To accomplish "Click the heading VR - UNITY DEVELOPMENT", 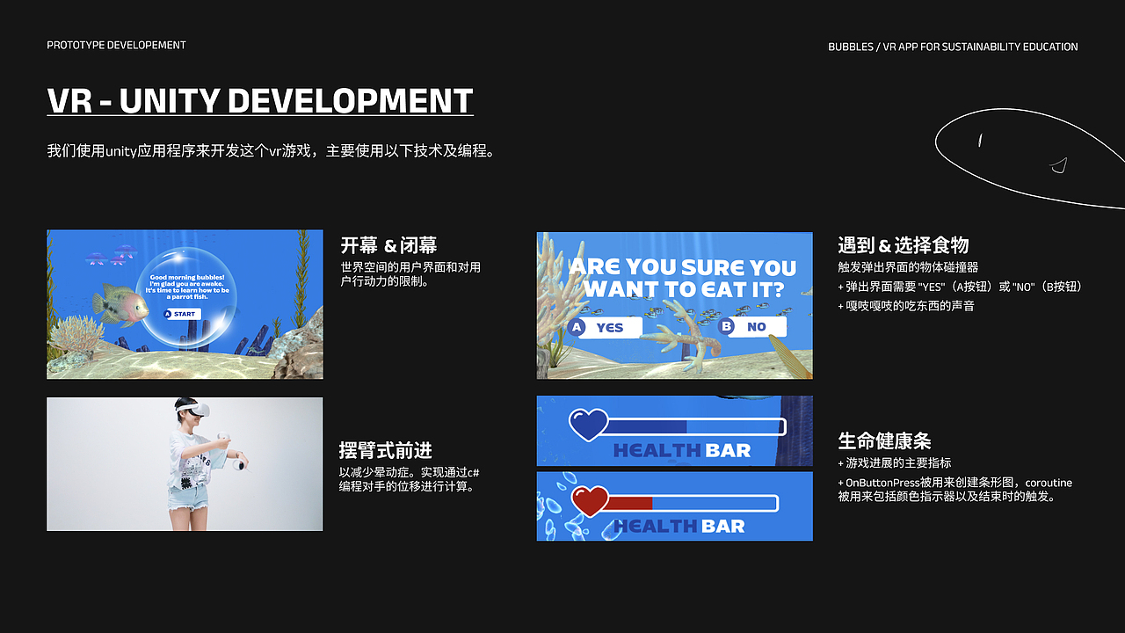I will pyautogui.click(x=260, y=101).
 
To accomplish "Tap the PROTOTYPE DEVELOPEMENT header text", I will pyautogui.click(x=116, y=45).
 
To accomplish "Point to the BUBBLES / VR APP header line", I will pyautogui.click(x=953, y=47).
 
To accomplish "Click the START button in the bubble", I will pyautogui.click(x=182, y=314).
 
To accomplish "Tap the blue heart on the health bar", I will pyautogui.click(x=588, y=425).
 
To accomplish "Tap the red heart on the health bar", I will pyautogui.click(x=590, y=501).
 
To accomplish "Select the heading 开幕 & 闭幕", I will pyautogui.click(x=388, y=245).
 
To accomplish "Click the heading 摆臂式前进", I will pyautogui.click(x=386, y=451).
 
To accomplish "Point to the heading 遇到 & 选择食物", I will pyautogui.click(x=904, y=245).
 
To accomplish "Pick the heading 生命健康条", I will pyautogui.click(x=884, y=441).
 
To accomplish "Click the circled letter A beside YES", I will pyautogui.click(x=577, y=327).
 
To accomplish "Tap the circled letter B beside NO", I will pyautogui.click(x=727, y=327).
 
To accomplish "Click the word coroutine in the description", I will pyautogui.click(x=1049, y=483).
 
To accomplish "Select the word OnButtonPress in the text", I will pyautogui.click(x=882, y=483).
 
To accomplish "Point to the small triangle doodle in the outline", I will pyautogui.click(x=1059, y=164).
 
